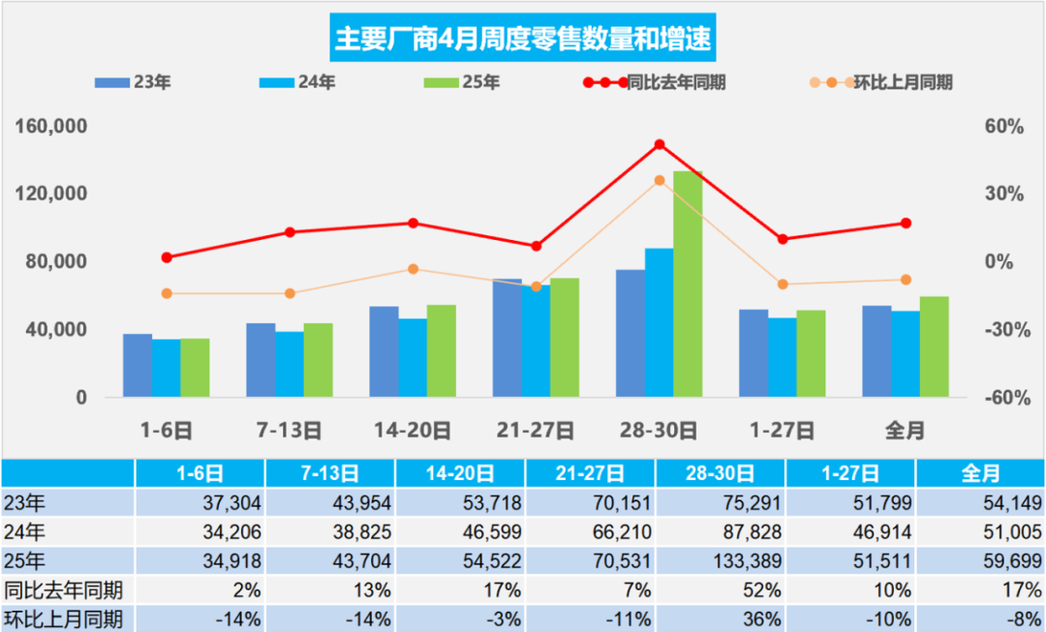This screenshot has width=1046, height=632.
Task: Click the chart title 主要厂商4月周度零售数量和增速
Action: [522, 39]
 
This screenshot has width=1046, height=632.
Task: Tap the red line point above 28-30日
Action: [660, 145]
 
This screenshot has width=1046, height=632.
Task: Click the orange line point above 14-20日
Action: [413, 269]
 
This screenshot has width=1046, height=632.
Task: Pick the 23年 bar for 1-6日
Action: [138, 365]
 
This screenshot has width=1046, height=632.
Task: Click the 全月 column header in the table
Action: [980, 473]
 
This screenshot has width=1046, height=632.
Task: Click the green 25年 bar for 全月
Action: [934, 346]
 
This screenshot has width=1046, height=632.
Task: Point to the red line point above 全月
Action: [907, 224]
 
